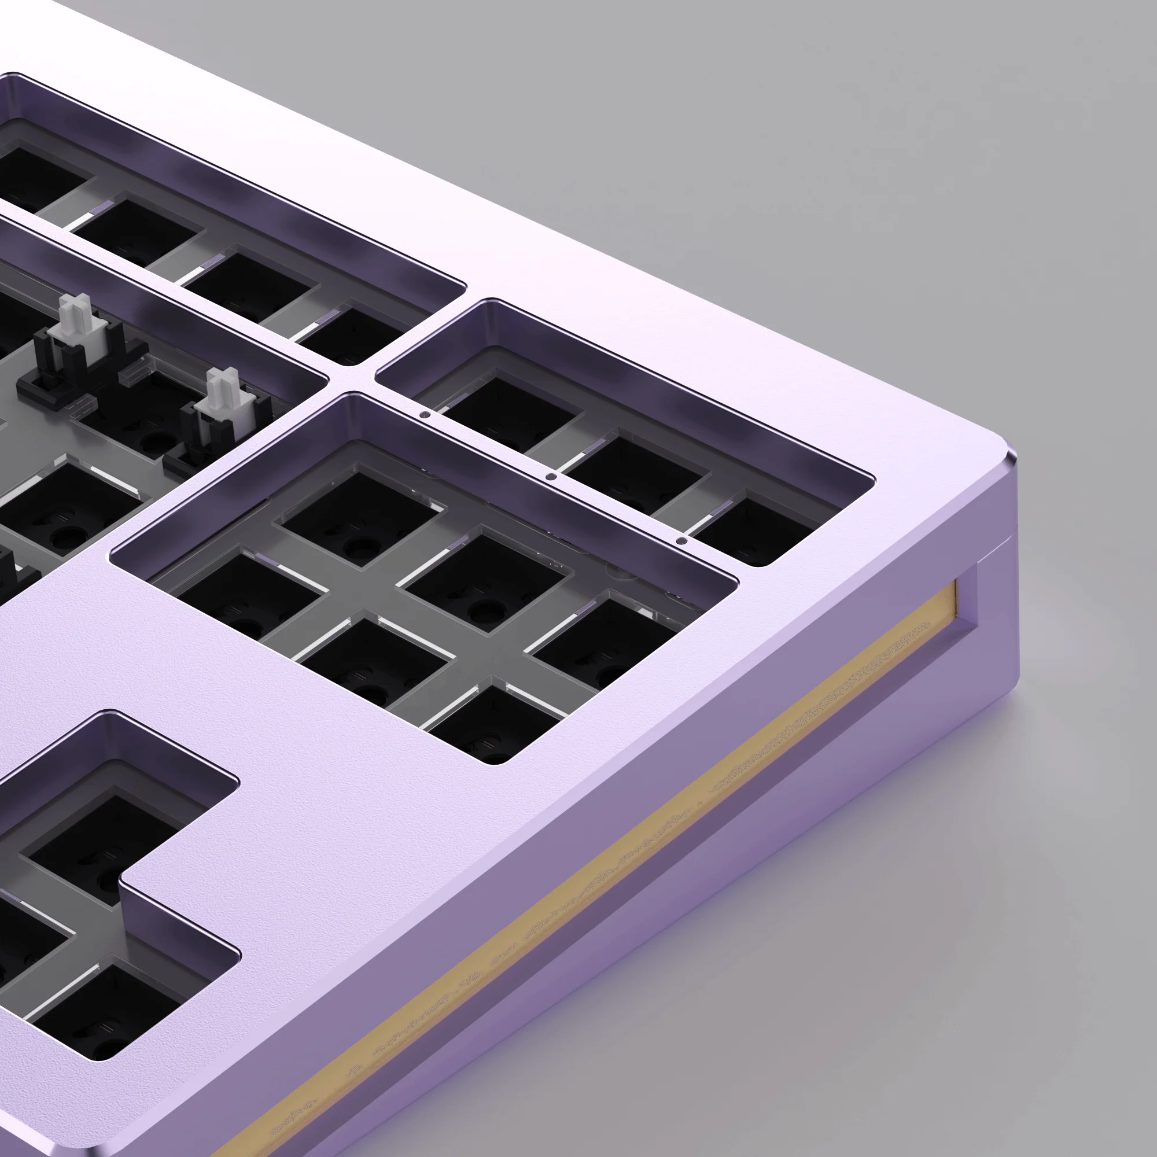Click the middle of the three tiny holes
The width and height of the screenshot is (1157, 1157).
click(x=551, y=477)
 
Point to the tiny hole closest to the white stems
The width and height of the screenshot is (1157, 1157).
click(x=425, y=414)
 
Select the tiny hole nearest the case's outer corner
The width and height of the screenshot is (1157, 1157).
click(x=679, y=541)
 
